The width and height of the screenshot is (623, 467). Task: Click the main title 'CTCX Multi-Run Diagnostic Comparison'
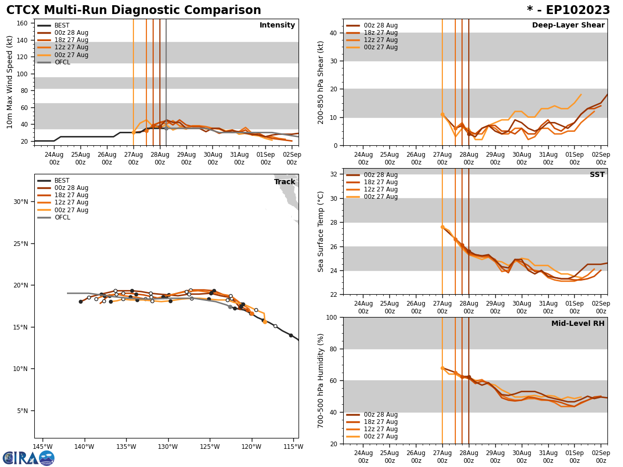click(133, 10)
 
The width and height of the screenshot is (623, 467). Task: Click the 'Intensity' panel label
click(277, 25)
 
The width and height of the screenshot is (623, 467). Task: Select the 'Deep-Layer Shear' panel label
click(568, 25)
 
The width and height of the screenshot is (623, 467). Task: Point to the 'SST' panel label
click(597, 175)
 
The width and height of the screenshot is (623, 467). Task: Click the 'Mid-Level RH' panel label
click(578, 324)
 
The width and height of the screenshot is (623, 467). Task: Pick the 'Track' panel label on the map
click(285, 182)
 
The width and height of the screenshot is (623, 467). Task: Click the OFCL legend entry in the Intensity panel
click(62, 62)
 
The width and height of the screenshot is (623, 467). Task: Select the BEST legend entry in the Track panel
click(62, 181)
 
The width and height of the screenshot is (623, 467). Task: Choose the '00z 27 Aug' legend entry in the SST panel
click(381, 197)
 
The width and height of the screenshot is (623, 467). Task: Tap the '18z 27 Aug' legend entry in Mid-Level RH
click(381, 422)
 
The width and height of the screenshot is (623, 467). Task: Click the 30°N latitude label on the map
click(20, 202)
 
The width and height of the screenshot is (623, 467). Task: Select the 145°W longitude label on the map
click(43, 446)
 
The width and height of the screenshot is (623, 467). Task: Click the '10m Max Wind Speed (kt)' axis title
click(10, 82)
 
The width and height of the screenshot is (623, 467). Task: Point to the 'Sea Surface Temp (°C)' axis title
click(321, 231)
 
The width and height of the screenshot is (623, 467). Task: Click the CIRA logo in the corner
click(28, 458)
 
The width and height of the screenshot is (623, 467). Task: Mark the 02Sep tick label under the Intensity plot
click(292, 158)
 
